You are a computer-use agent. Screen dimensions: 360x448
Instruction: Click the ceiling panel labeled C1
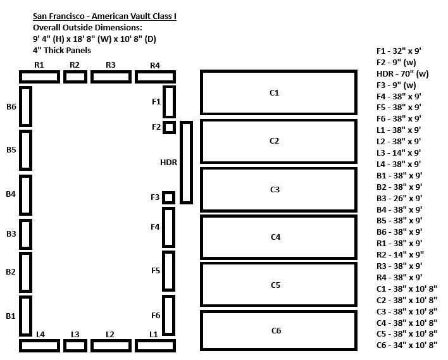278,92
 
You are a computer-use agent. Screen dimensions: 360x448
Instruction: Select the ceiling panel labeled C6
278,330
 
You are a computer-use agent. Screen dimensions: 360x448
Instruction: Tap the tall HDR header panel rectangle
186,163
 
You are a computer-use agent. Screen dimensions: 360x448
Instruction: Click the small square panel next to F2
169,127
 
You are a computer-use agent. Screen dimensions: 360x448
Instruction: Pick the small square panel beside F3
169,197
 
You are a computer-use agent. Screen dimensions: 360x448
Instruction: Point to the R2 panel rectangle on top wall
75,77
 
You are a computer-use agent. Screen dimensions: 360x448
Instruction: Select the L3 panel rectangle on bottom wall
75,345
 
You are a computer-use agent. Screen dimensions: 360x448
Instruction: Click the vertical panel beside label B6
26,106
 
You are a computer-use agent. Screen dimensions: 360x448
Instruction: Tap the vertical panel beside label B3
26,233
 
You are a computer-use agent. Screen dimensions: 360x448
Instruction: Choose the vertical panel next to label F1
169,102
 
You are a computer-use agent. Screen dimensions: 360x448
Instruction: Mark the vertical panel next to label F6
169,315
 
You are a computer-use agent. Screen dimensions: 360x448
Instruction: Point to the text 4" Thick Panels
62,50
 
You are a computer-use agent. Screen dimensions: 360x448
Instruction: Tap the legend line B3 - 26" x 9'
399,198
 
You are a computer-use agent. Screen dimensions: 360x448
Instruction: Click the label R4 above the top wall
155,65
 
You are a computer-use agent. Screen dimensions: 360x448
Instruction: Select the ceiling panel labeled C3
278,189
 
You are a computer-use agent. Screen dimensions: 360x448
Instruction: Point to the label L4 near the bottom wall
40,334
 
